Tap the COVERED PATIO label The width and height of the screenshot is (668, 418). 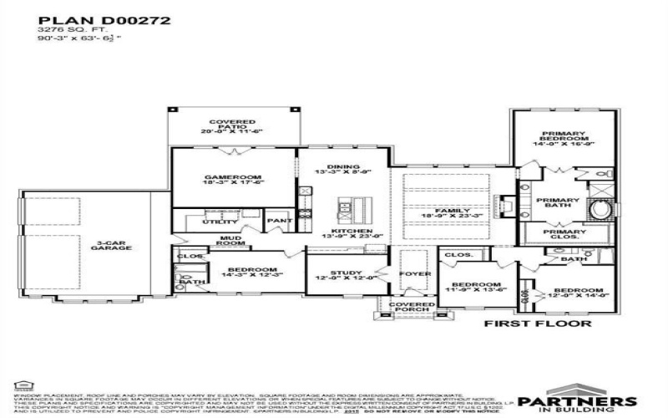[231, 126]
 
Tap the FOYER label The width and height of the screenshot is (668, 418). [414, 273]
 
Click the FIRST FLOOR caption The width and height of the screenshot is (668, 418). [538, 324]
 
